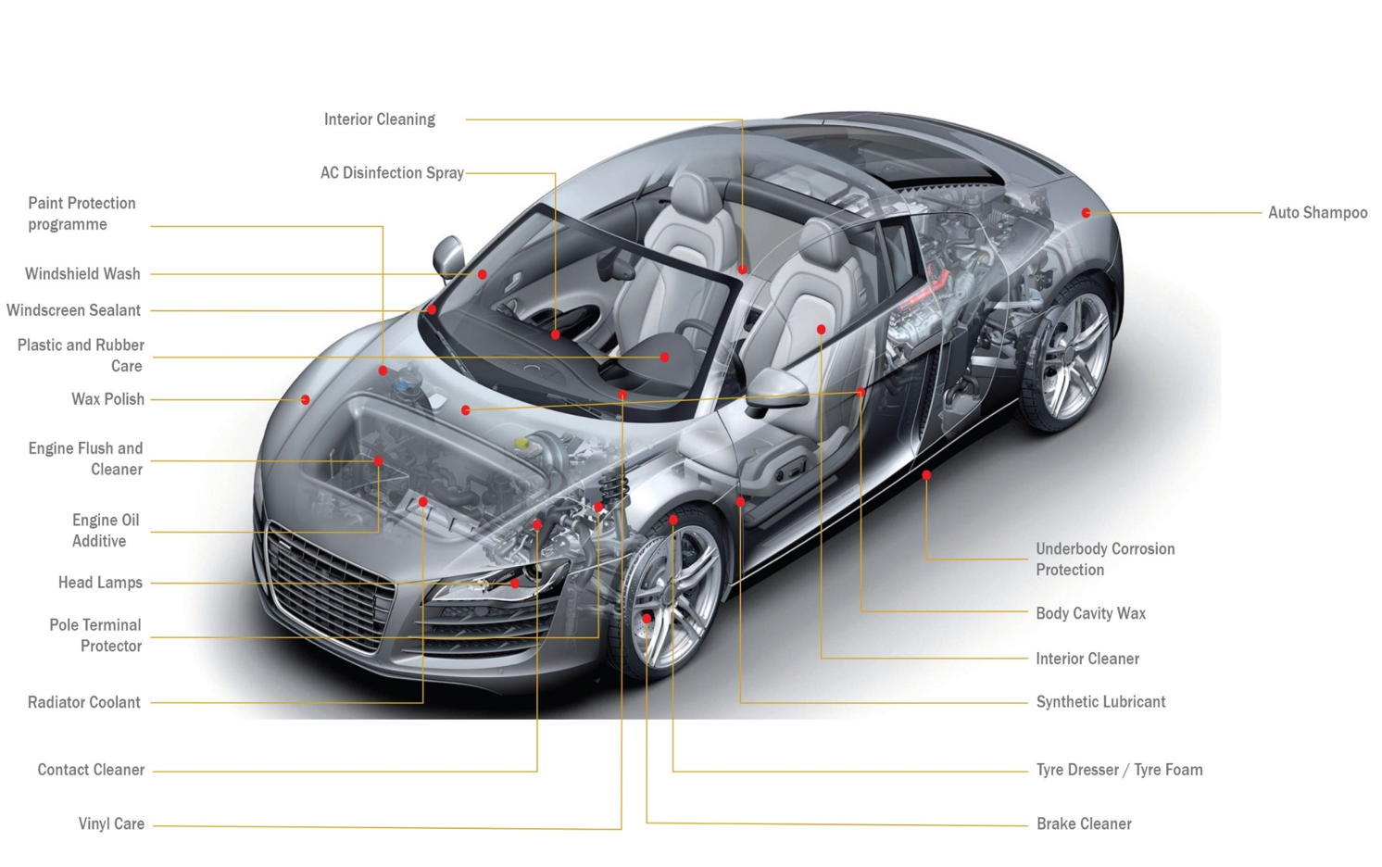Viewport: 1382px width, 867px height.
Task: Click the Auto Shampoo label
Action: pyautogui.click(x=1316, y=213)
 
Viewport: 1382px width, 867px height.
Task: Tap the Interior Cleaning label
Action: pyautogui.click(x=379, y=119)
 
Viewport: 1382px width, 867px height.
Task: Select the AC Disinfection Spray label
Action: pyautogui.click(x=391, y=173)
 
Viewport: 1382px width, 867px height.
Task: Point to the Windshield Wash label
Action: pyautogui.click(x=82, y=274)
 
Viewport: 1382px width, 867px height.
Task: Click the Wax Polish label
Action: pyautogui.click(x=107, y=399)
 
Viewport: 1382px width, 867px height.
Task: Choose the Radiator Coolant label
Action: pyautogui.click(x=83, y=702)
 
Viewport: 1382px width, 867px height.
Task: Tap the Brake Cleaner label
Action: pyautogui.click(x=1083, y=823)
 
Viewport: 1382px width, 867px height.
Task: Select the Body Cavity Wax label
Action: pyautogui.click(x=1090, y=613)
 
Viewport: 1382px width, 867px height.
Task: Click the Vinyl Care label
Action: pyautogui.click(x=111, y=823)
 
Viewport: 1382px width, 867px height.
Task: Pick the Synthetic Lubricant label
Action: pyautogui.click(x=1099, y=702)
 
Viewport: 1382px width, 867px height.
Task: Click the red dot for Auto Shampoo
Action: pyautogui.click(x=1086, y=213)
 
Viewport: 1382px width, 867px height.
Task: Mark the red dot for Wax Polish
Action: pyautogui.click(x=305, y=400)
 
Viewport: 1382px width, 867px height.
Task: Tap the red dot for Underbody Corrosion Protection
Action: pyautogui.click(x=926, y=475)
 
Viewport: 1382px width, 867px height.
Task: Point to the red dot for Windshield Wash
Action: pyautogui.click(x=482, y=274)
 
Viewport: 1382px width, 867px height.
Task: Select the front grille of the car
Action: pyautogui.click(x=329, y=584)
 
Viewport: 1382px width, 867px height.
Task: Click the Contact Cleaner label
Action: pyautogui.click(x=91, y=770)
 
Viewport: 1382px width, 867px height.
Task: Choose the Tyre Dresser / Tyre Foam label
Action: pyautogui.click(x=1118, y=770)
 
